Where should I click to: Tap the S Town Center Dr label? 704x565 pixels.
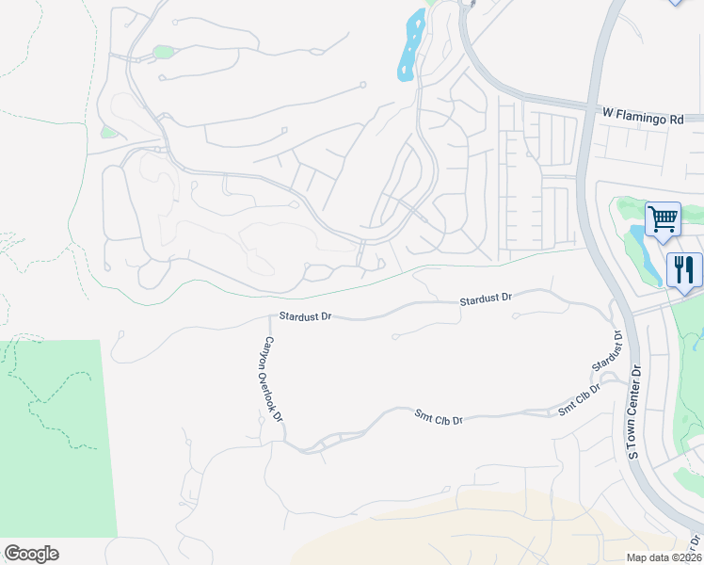coord(634,412)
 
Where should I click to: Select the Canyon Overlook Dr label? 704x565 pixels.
coord(272,374)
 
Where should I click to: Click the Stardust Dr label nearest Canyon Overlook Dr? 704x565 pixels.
coord(306,316)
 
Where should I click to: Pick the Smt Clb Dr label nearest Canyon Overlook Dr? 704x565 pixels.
coord(439,415)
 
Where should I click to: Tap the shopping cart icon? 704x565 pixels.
coord(663,219)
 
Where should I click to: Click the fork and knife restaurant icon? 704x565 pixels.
coord(684,269)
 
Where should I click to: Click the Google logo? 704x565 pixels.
coord(31,554)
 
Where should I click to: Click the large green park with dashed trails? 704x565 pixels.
coord(56,443)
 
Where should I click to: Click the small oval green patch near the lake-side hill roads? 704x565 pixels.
coord(164,52)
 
